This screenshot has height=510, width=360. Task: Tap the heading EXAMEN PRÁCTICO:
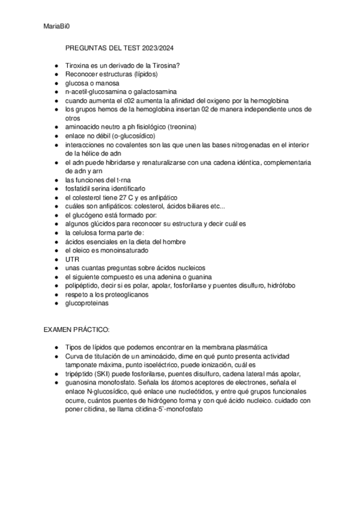tap(76, 330)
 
